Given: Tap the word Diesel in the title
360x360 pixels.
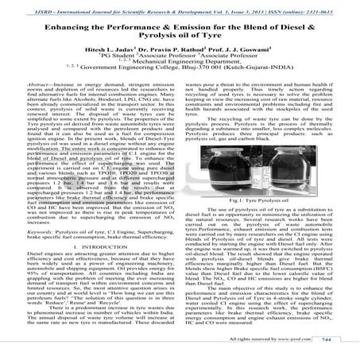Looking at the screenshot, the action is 304,26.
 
